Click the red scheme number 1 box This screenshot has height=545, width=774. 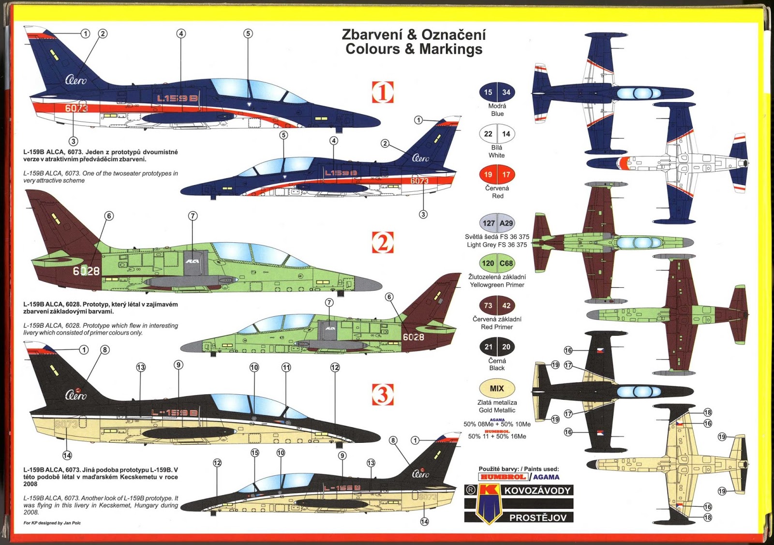coord(382,92)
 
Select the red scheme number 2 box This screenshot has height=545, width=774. coord(382,242)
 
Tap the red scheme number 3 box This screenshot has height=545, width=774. coord(382,394)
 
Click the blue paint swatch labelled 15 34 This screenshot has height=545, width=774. coord(497,92)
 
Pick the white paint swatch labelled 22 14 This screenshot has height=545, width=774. coord(497,134)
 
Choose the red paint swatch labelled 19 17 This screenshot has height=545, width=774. coord(497,174)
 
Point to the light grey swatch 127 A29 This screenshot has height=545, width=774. coord(497,223)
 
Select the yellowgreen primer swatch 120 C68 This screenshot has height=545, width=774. coord(497,264)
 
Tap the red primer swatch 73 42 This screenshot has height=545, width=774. coord(497,306)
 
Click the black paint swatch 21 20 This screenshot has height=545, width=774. coord(497,347)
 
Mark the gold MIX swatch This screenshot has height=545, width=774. coord(497,388)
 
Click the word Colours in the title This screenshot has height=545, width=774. coord(375,49)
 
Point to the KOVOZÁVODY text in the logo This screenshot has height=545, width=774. coord(537,490)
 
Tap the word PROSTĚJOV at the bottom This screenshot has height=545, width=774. coord(537,517)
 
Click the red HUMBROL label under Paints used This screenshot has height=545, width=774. coord(503,477)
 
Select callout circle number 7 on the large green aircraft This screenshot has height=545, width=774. coord(193,216)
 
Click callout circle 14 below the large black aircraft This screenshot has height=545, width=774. coord(67,455)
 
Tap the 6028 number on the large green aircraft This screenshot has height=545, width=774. coord(86,271)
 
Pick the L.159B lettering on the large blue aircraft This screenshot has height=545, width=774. coord(177,98)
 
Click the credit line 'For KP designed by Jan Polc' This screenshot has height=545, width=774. coord(52,523)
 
